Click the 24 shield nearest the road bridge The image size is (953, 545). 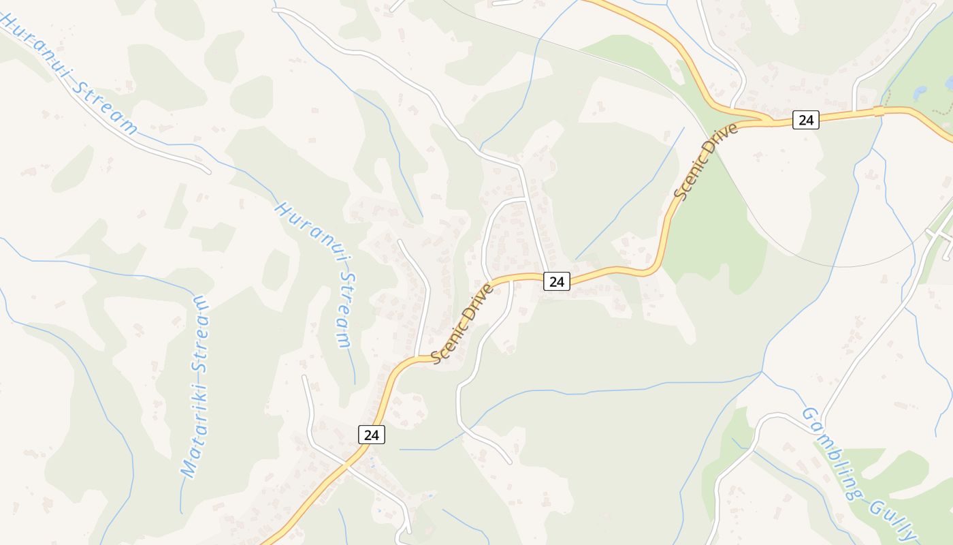point(806,120)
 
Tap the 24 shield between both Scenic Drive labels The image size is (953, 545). point(556,281)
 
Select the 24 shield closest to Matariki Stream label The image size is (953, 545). point(371,434)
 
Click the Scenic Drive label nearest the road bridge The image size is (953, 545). point(705,161)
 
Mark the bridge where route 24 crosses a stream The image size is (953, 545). point(879,110)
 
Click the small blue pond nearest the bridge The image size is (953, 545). point(920,90)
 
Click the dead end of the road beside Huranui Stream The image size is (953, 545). point(208,171)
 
